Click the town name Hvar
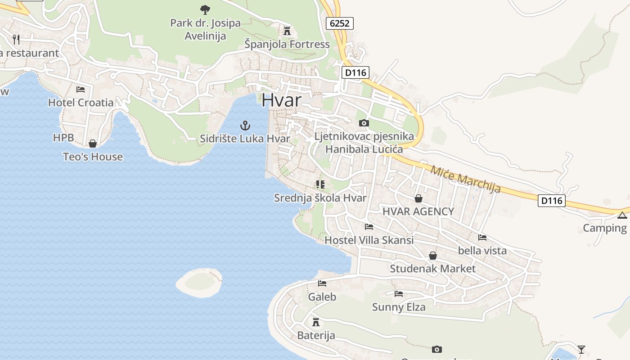(x=281, y=100)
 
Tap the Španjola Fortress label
(x=287, y=44)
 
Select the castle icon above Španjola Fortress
(x=287, y=31)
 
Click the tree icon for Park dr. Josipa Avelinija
(x=205, y=9)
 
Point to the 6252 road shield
(x=339, y=23)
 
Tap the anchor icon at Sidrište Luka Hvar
(x=245, y=125)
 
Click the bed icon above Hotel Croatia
(x=81, y=89)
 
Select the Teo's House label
(x=93, y=157)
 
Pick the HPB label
(x=63, y=138)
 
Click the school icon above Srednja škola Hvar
(x=320, y=184)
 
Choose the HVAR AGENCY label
(x=418, y=211)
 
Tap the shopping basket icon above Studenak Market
(x=432, y=256)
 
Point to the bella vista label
(x=482, y=250)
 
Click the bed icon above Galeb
(x=322, y=283)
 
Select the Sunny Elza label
(x=398, y=307)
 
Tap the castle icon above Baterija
(x=316, y=322)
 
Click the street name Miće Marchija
(x=465, y=179)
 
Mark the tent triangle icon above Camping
(x=622, y=215)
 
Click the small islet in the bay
(x=199, y=282)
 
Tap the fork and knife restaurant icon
(x=17, y=39)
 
